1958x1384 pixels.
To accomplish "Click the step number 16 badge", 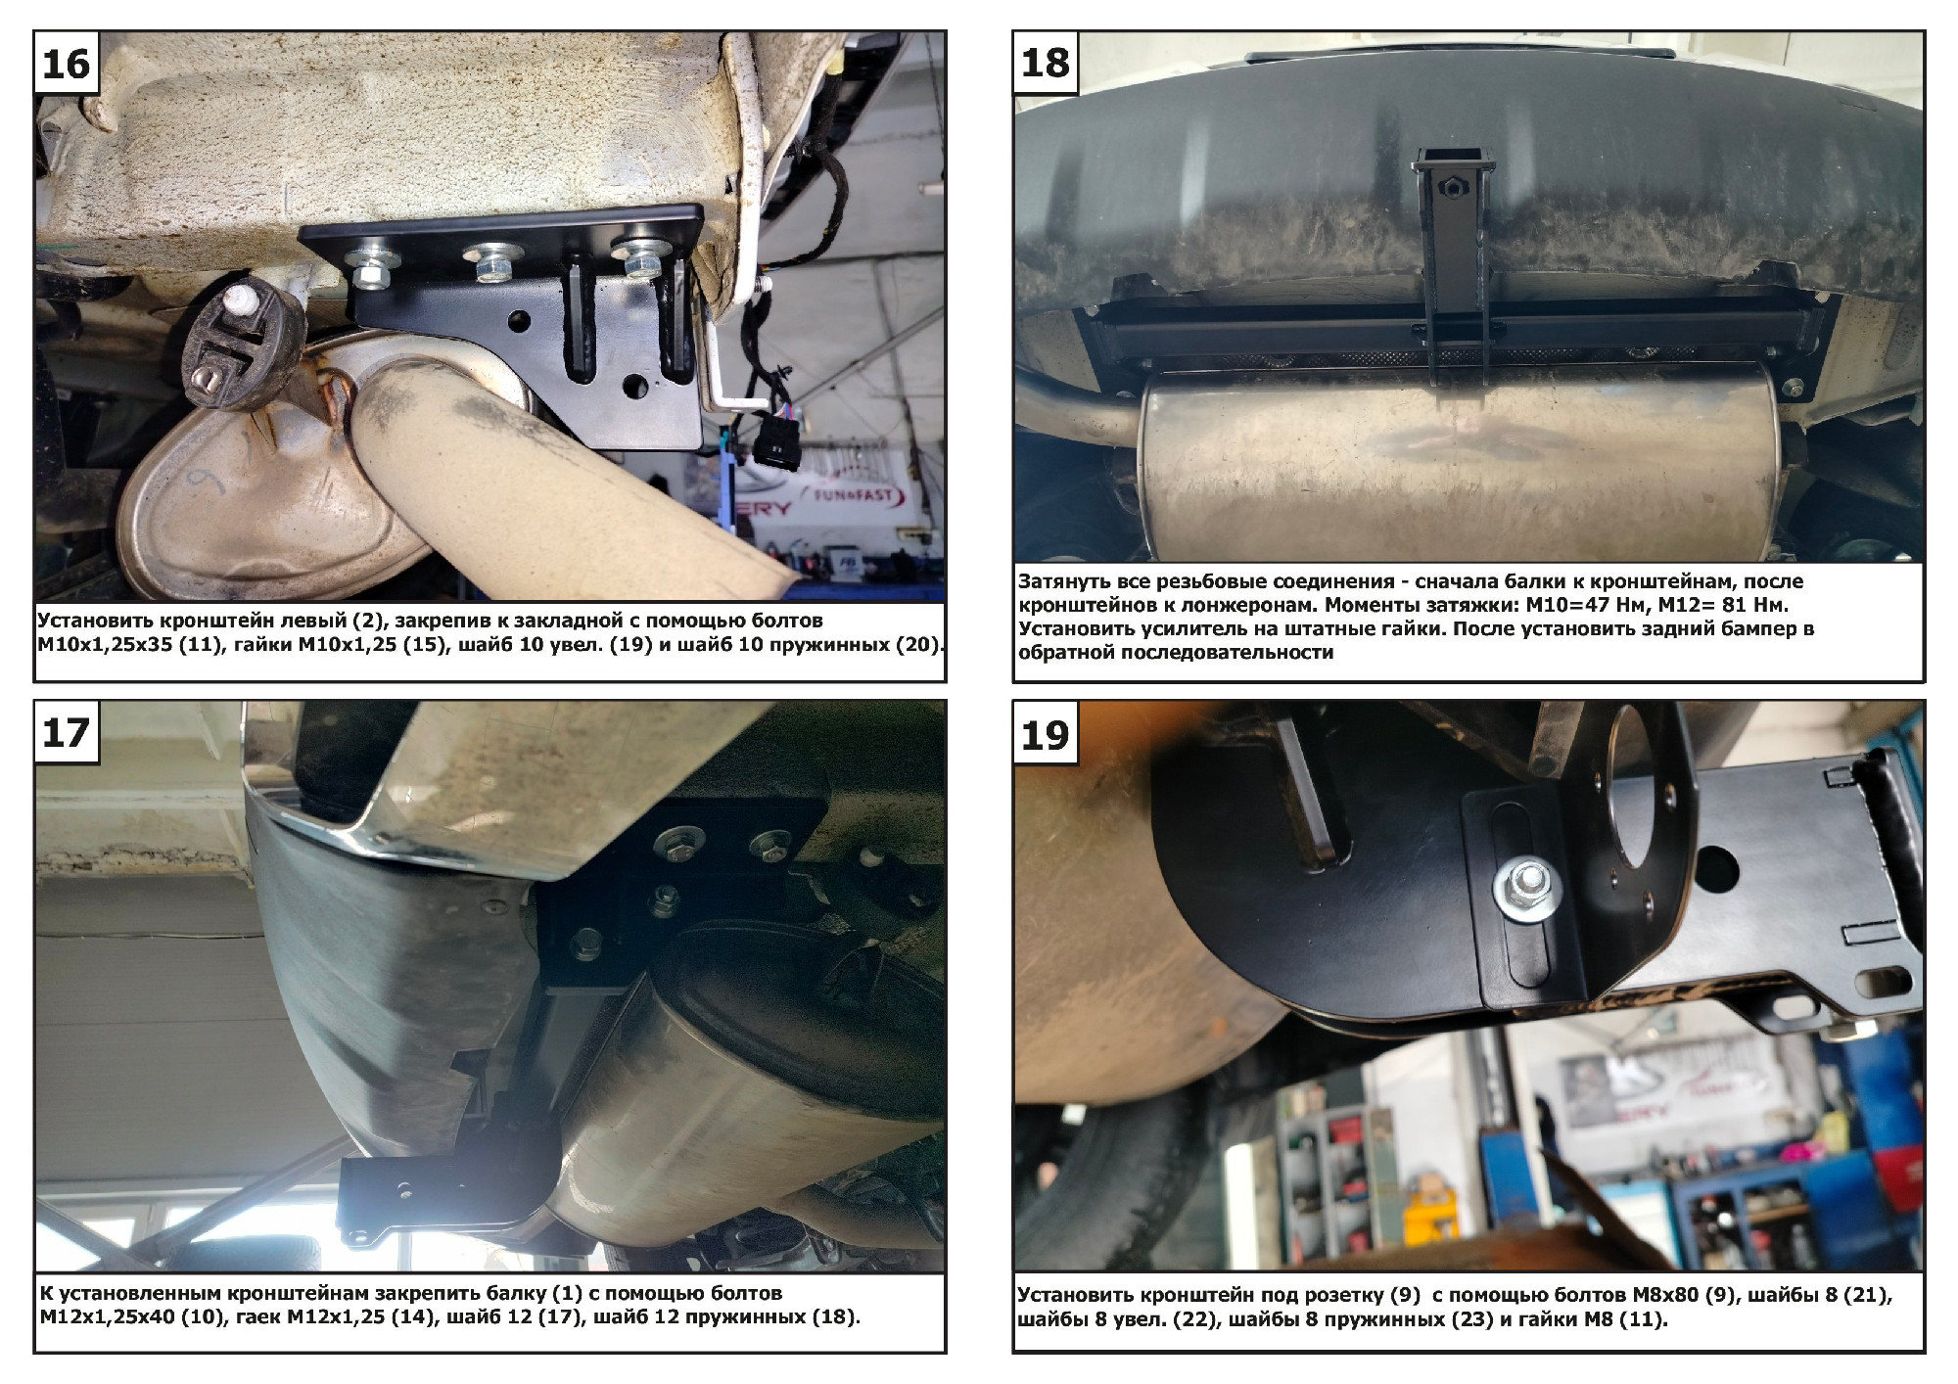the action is pyautogui.click(x=66, y=64).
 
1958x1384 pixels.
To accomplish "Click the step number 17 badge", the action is pyautogui.click(x=66, y=732).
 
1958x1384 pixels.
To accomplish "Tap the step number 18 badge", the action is pyautogui.click(x=1045, y=64).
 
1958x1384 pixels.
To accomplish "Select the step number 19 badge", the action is pyautogui.click(x=1045, y=733).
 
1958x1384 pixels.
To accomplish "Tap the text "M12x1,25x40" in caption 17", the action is pyautogui.click(x=107, y=1317).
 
